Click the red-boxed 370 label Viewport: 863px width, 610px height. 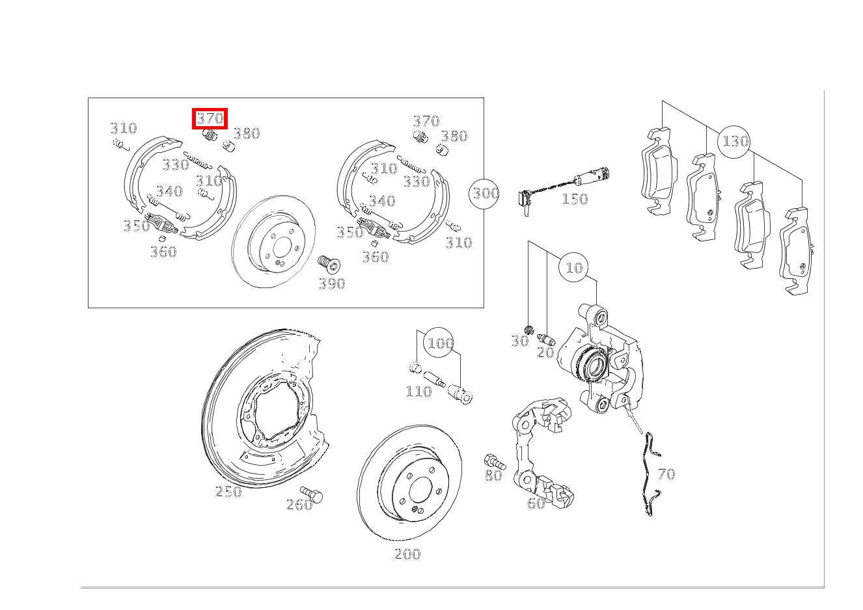[x=210, y=118]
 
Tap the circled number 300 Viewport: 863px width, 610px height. [x=484, y=194]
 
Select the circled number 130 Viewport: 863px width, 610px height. [x=734, y=142]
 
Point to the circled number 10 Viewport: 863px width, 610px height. [x=573, y=267]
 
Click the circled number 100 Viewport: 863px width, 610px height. [x=439, y=343]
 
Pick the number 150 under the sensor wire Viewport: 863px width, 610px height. [x=575, y=199]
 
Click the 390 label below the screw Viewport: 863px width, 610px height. [x=332, y=284]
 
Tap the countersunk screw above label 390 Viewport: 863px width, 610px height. [x=329, y=263]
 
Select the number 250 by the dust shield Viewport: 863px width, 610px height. [x=228, y=492]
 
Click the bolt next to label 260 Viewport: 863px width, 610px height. [x=312, y=494]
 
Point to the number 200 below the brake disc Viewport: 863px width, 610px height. [x=407, y=554]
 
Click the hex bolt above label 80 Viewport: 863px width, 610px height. [x=494, y=461]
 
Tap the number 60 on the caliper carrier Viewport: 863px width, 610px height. [x=536, y=503]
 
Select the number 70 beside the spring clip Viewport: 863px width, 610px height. [x=666, y=474]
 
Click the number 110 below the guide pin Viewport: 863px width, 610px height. [x=418, y=391]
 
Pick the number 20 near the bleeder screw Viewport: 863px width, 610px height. [x=545, y=352]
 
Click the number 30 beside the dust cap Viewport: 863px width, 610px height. [x=520, y=341]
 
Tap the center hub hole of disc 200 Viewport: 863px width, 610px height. [x=420, y=489]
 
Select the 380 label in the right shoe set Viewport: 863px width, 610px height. [x=454, y=136]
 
